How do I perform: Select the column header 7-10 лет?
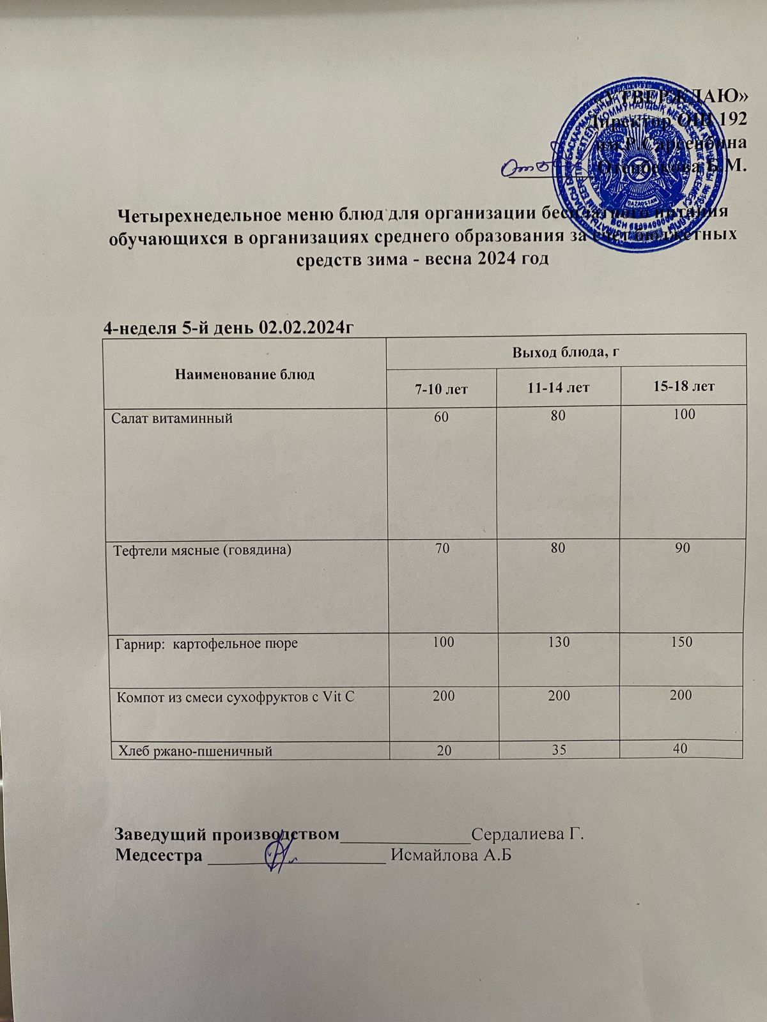tap(441, 388)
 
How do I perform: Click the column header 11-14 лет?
tap(559, 386)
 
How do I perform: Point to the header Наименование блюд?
tap(245, 374)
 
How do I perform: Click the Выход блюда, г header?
tap(567, 351)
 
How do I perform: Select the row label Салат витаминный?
tap(172, 419)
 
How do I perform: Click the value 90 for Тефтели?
tap(683, 548)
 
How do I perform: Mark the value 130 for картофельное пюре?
tap(559, 641)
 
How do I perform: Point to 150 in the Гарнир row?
tap(681, 641)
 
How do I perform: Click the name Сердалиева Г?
tap(528, 834)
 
